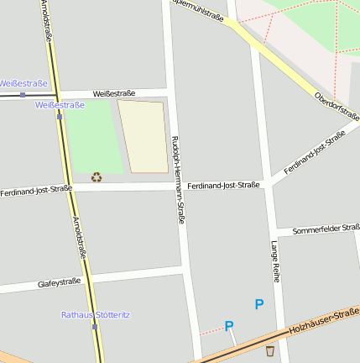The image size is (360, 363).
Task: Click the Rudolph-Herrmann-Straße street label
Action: coord(179,179)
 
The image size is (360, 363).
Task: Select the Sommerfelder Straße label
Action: coord(326,229)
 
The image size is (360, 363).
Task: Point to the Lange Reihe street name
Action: coord(274,260)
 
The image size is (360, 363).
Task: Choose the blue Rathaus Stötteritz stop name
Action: coord(96,315)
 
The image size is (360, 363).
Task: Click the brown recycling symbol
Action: coord(97,176)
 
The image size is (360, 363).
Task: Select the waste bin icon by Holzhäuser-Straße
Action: coord(269,351)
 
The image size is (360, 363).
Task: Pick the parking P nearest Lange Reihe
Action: coord(259,305)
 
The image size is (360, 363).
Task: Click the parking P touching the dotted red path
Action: coord(229,326)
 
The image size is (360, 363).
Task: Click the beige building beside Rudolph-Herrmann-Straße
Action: coord(143,136)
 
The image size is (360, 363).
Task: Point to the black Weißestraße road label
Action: coord(113,93)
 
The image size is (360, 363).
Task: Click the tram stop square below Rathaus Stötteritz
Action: coord(95,326)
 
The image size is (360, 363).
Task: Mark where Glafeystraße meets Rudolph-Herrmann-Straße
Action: coord(182,270)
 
